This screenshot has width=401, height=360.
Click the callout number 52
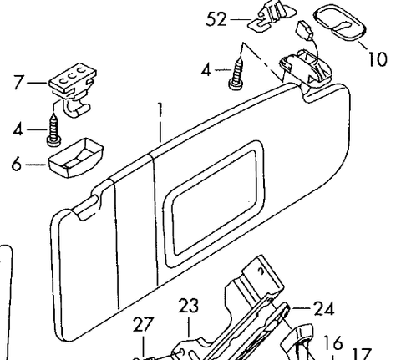pyautogui.click(x=216, y=20)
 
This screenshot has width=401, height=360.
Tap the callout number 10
pyautogui.click(x=378, y=58)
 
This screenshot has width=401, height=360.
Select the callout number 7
pyautogui.click(x=18, y=82)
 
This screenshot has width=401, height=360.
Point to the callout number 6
pyautogui.click(x=17, y=164)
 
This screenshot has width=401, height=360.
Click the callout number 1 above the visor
pyautogui.click(x=160, y=109)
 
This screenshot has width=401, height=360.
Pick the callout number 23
pyautogui.click(x=189, y=306)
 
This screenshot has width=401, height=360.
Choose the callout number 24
pyautogui.click(x=324, y=308)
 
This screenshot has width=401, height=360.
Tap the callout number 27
pyautogui.click(x=144, y=324)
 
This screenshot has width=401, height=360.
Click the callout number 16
pyautogui.click(x=332, y=342)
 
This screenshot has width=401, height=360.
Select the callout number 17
pyautogui.click(x=362, y=354)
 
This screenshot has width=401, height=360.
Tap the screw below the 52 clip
pyautogui.click(x=236, y=74)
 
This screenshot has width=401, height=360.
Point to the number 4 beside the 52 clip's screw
pyautogui.click(x=206, y=70)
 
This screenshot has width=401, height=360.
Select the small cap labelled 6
pyautogui.click(x=76, y=157)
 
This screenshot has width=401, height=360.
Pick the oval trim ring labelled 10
pyautogui.click(x=340, y=23)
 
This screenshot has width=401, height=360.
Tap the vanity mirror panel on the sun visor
pyautogui.click(x=215, y=204)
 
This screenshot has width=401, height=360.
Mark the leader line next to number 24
pyautogui.click(x=301, y=308)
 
